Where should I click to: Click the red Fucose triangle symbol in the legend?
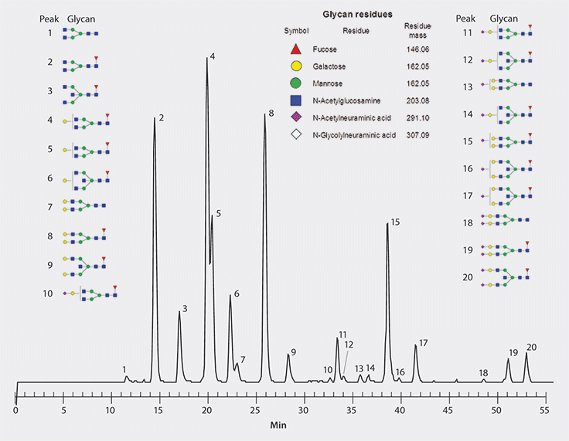point(295,49)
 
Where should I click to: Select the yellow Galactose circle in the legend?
point(295,66)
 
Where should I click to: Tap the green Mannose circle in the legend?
point(295,83)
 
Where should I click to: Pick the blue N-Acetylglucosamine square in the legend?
point(295,100)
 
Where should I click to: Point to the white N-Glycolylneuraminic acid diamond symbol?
point(295,135)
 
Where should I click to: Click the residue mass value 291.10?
point(417,118)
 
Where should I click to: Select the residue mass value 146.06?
point(417,49)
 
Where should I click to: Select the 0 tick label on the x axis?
point(15,409)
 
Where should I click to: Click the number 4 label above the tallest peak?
point(212,56)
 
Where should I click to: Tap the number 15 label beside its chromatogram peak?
point(395,222)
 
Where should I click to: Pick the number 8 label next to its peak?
point(271,114)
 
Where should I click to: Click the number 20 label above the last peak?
point(531,347)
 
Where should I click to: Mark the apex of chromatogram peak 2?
point(155,119)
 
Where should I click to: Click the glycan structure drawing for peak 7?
point(84,206)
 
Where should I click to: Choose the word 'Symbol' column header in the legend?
point(296,31)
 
